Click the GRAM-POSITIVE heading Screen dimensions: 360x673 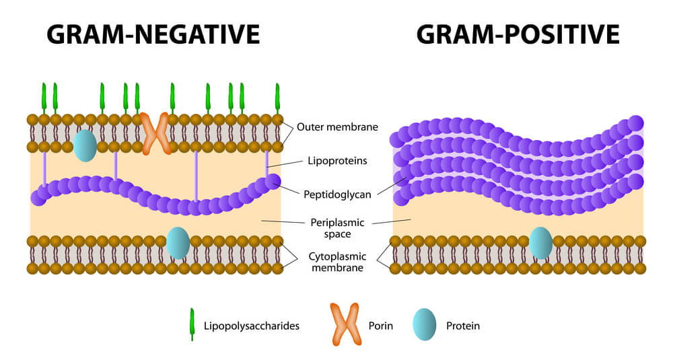coord(518,33)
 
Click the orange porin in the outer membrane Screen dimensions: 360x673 coord(155,133)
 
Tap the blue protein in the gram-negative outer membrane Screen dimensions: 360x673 coord(85,145)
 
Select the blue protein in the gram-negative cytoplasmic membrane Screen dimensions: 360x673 coord(178,243)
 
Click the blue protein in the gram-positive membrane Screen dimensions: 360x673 coord(540,243)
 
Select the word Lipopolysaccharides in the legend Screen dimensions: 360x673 coord(251,326)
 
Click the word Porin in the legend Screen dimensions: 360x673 coord(380,326)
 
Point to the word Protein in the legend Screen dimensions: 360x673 coord(463,326)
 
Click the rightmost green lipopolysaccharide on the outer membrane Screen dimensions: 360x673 coord(277,98)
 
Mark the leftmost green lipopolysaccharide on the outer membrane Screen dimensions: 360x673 coord(44,98)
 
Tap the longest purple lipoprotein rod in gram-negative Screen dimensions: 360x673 coord(196,176)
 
